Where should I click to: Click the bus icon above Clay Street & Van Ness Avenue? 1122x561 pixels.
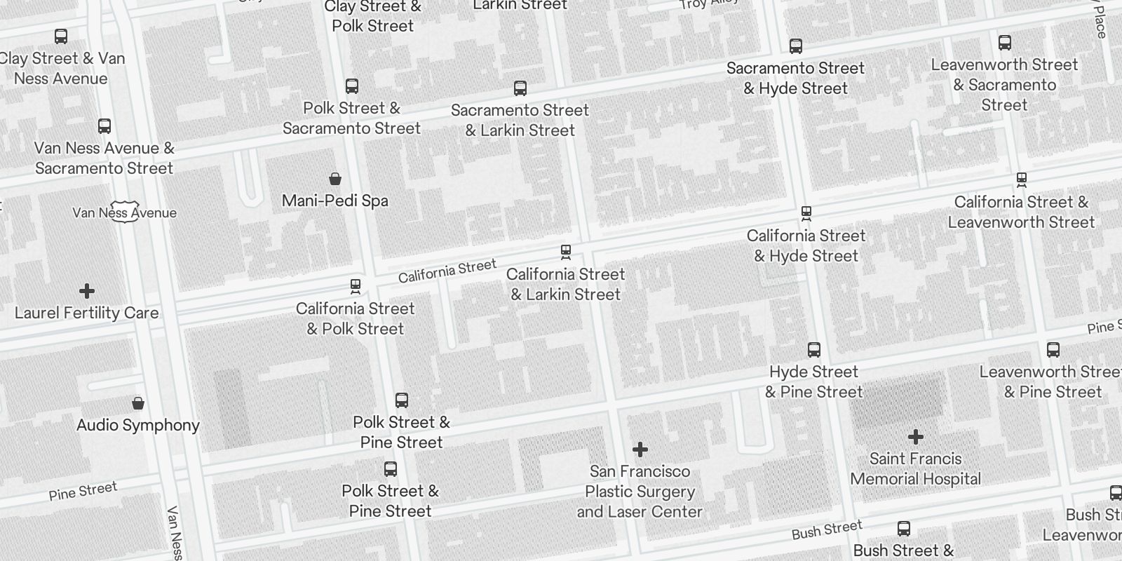click(x=61, y=36)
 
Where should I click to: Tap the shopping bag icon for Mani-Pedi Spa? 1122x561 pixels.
click(x=335, y=179)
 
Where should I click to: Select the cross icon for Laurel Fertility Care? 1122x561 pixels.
click(x=87, y=291)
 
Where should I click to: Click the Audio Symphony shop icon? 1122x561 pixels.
click(x=138, y=403)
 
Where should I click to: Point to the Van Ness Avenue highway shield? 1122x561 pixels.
click(x=124, y=213)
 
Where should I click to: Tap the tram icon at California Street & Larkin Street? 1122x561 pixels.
click(x=566, y=252)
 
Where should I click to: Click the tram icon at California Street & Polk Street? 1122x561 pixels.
click(x=356, y=286)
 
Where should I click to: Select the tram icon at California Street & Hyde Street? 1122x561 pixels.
click(x=806, y=213)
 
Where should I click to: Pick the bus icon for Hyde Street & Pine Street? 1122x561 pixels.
click(x=813, y=349)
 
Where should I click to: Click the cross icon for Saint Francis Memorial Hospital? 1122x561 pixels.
click(x=915, y=437)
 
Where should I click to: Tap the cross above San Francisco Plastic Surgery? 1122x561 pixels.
click(x=640, y=449)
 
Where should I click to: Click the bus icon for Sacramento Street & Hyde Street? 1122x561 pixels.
click(x=795, y=46)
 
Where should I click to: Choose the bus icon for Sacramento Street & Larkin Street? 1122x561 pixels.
click(x=520, y=88)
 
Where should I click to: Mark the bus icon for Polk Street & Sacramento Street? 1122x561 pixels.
click(x=352, y=86)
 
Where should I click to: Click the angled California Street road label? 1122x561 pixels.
click(x=447, y=271)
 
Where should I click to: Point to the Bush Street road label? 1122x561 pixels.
click(x=827, y=530)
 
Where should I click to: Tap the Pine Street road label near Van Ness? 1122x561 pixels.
click(x=83, y=491)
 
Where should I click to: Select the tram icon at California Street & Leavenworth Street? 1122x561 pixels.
click(x=1021, y=180)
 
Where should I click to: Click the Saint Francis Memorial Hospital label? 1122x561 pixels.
click(x=915, y=469)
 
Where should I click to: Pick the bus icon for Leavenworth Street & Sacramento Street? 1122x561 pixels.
click(x=1004, y=43)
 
